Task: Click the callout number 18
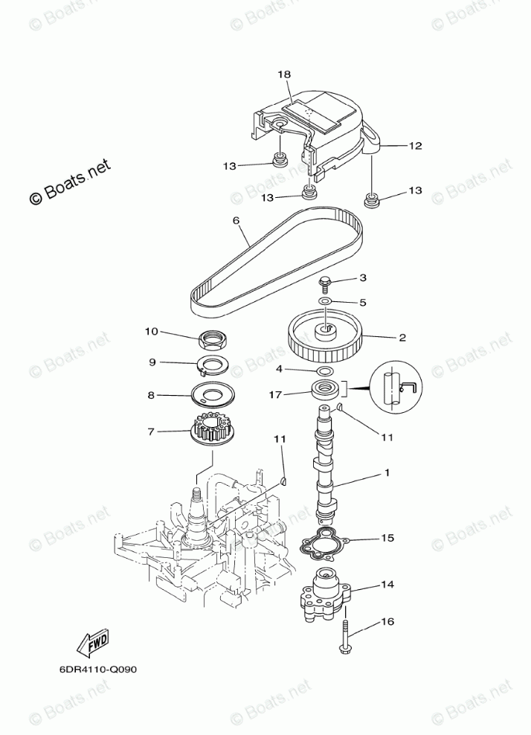tap(284, 74)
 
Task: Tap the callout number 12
tap(414, 146)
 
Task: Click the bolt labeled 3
tap(325, 283)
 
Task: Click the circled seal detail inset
tap(396, 386)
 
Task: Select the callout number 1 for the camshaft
tap(387, 472)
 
